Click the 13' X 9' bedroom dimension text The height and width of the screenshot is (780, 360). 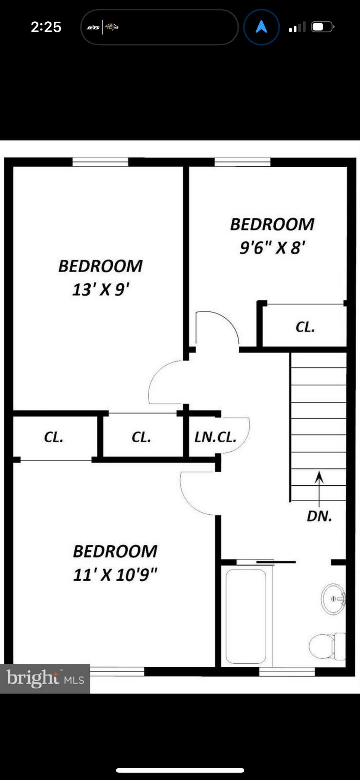click(x=101, y=290)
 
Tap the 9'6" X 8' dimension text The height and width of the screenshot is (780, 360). click(x=272, y=248)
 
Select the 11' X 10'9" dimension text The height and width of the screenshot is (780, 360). click(x=115, y=575)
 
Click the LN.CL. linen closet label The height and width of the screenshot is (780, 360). click(x=215, y=437)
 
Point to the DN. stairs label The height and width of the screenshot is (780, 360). click(x=319, y=516)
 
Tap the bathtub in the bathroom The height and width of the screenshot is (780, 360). click(x=246, y=616)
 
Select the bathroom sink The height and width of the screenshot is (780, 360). click(x=334, y=599)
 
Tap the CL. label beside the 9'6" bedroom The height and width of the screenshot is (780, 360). click(x=305, y=327)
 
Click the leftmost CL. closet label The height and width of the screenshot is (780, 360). click(x=54, y=437)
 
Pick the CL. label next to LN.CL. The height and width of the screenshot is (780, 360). click(x=141, y=437)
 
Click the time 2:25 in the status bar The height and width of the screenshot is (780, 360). click(x=46, y=27)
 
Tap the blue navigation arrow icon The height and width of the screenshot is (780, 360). click(x=261, y=27)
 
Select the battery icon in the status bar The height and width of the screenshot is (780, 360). click(x=323, y=27)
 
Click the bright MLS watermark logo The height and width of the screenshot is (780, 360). click(x=45, y=678)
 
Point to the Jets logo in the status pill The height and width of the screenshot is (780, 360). click(x=93, y=27)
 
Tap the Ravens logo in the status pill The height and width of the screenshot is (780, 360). click(x=112, y=27)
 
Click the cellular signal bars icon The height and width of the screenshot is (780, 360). click(x=297, y=27)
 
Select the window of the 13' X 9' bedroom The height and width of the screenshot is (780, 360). click(x=100, y=162)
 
